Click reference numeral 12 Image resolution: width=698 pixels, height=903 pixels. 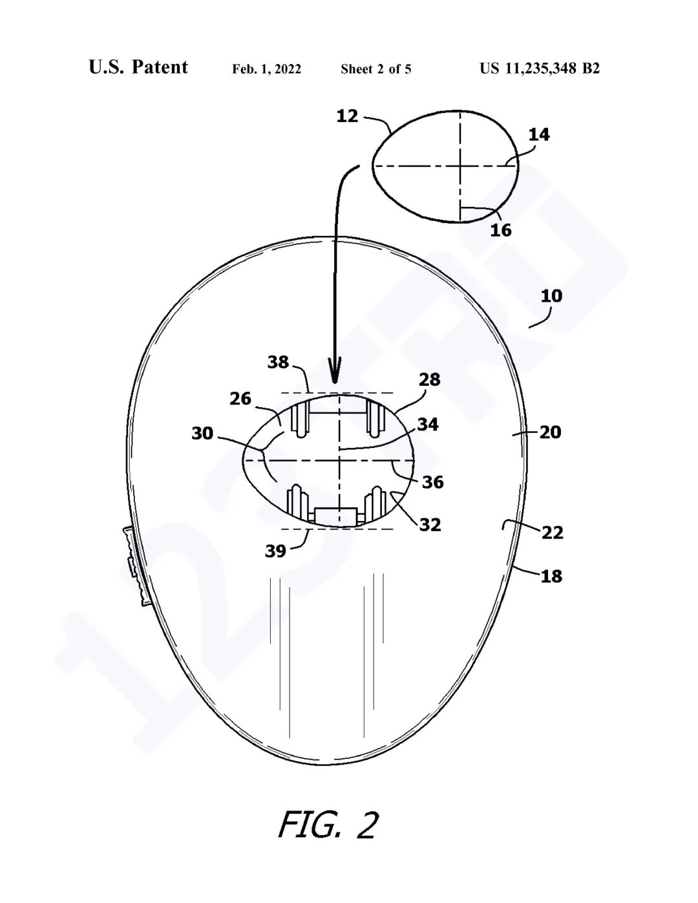(347, 116)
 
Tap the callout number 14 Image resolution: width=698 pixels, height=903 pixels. (539, 134)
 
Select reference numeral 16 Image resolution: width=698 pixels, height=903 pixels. (501, 230)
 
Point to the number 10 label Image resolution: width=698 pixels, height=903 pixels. (551, 296)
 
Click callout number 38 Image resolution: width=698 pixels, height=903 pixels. (278, 362)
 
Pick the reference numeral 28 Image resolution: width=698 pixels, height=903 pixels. (429, 379)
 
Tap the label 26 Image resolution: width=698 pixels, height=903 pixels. (240, 399)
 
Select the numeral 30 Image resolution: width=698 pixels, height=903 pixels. (202, 434)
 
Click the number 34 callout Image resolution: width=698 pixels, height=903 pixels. (428, 424)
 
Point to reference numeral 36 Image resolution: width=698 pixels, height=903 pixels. (433, 482)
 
